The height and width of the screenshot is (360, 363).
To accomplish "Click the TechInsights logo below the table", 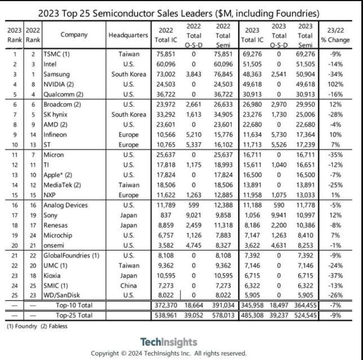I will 168,342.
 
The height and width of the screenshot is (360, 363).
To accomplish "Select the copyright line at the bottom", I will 168,353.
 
